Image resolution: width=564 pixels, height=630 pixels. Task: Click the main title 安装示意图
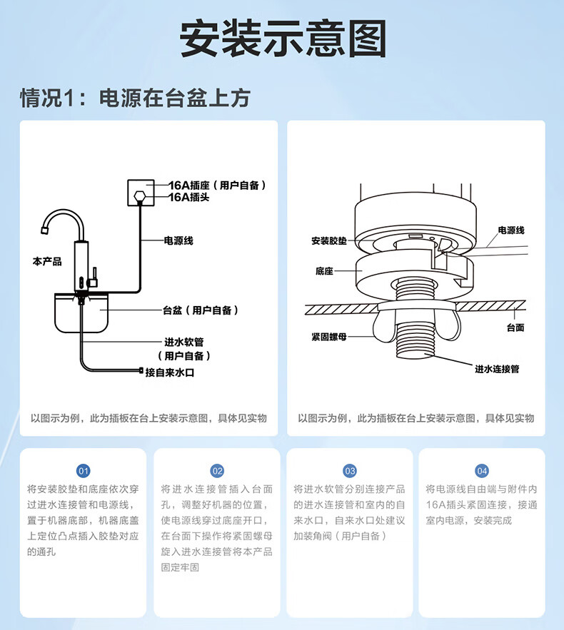(x=282, y=39)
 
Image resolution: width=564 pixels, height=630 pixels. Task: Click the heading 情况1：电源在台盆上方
(x=135, y=98)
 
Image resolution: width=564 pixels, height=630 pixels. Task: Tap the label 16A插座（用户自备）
(x=217, y=185)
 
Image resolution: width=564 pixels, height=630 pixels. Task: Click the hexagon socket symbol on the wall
(x=141, y=195)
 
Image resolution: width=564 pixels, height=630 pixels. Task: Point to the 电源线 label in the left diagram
(x=178, y=240)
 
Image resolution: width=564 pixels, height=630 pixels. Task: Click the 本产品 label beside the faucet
(x=47, y=262)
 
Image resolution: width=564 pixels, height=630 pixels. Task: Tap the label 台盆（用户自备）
(x=201, y=310)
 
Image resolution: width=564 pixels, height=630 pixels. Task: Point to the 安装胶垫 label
(x=329, y=241)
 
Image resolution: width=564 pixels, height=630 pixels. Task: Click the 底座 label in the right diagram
(x=324, y=271)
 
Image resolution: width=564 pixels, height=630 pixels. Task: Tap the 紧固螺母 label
(x=329, y=337)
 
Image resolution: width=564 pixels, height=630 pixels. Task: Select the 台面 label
(x=515, y=327)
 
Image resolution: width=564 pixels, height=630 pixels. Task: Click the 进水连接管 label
(x=497, y=369)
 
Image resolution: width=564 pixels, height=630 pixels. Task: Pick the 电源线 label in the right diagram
(x=511, y=230)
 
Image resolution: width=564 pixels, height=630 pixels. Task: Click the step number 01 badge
(x=84, y=471)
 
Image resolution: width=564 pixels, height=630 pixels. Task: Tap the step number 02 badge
(x=217, y=471)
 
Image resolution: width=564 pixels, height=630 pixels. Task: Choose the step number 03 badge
(x=350, y=471)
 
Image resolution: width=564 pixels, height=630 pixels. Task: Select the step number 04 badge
(x=483, y=471)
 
